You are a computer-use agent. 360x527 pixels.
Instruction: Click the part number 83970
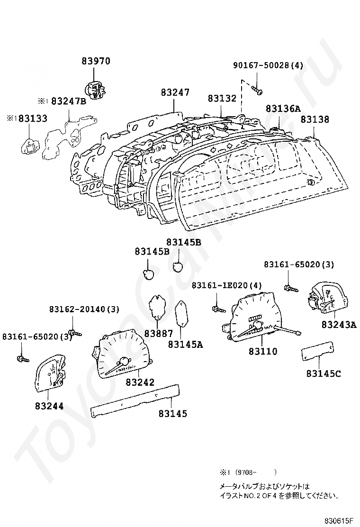96,61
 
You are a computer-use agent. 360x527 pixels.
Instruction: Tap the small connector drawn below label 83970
95,90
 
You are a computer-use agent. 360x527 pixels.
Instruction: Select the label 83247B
69,101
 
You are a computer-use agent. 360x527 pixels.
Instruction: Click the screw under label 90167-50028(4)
257,90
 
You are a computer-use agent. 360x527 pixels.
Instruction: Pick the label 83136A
283,108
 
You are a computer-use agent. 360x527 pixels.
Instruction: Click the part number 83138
315,119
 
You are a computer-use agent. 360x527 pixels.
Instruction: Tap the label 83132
222,99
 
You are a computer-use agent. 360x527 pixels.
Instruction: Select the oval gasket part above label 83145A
182,313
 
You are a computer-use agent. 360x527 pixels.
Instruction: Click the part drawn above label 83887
158,307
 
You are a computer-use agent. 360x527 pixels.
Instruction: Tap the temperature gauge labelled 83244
50,373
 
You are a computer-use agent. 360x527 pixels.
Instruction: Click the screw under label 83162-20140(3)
74,333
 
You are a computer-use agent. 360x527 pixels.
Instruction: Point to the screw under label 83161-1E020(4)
218,309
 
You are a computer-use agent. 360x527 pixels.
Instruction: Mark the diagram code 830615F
339,521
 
